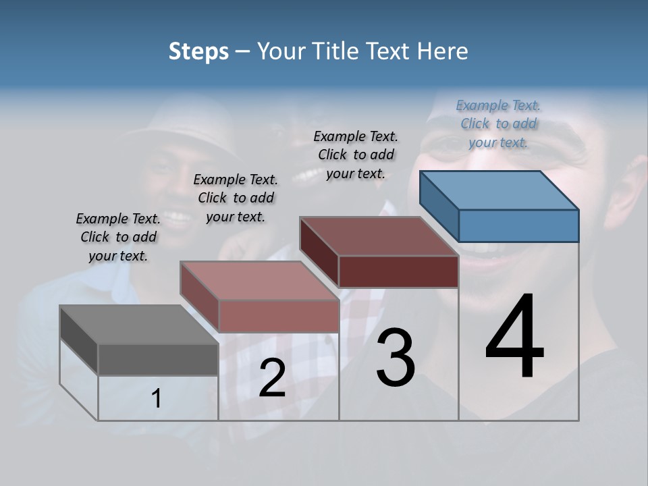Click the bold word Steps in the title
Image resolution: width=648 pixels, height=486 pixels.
pos(198,51)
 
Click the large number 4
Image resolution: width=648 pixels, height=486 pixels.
pos(514,337)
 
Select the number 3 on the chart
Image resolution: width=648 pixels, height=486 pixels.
pos(395,358)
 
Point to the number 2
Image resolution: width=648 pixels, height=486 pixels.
pos(272,378)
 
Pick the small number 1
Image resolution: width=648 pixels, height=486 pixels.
pos(156,399)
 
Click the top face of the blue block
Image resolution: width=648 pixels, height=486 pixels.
pos(498,190)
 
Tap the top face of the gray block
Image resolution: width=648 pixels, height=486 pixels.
pos(138,324)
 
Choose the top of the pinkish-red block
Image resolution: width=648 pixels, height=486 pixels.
pos(259,280)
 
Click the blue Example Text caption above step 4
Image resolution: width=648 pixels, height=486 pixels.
pos(498,124)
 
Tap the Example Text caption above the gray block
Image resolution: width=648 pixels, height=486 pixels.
pos(118,237)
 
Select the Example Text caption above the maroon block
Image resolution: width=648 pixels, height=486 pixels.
pos(356,155)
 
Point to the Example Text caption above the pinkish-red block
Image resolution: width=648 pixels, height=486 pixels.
pos(236,198)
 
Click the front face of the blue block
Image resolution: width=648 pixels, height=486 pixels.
pos(518,225)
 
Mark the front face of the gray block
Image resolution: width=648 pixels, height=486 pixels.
pos(158,359)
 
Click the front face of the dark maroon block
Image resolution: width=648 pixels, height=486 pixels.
pos(398,272)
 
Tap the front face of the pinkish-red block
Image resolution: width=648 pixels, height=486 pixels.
pos(278,315)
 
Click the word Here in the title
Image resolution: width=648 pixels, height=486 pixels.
pos(442,51)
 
